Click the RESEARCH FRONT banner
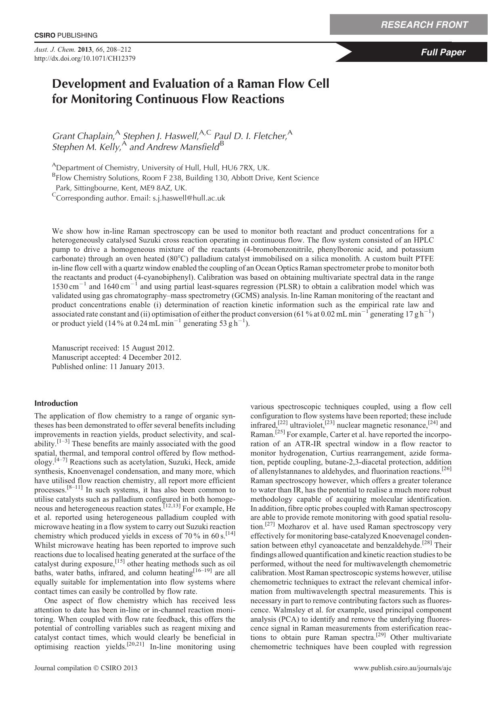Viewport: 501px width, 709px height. coord(424,25)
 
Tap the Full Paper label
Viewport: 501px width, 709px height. coord(443,52)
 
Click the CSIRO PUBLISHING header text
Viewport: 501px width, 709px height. coord(66,35)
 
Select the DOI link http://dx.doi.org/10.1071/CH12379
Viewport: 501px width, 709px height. coord(85,58)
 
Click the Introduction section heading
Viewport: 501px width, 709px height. coord(56,403)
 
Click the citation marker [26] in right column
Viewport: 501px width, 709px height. coord(446,469)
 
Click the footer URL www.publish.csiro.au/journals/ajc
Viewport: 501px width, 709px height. coord(402,668)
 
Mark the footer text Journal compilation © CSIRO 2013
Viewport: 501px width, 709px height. coord(86,668)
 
